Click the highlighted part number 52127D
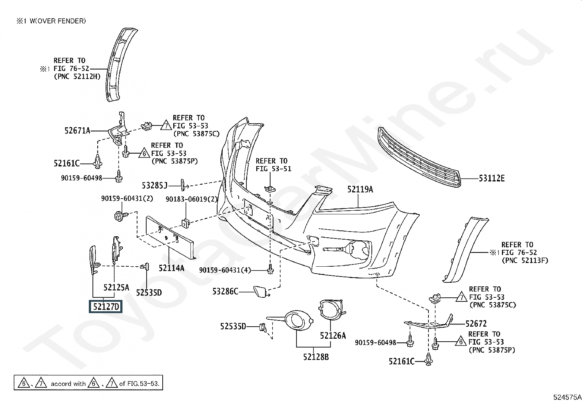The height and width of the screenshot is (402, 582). pos(106,307)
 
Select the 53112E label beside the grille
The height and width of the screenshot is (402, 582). pos(491,179)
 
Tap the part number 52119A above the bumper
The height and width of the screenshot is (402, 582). pos(360,189)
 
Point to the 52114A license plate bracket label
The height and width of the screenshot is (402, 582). pos(171,268)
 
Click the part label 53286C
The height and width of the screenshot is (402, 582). pos(225,292)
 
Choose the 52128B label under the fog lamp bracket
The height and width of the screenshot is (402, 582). pos(316,356)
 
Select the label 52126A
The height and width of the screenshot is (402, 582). pos(333,335)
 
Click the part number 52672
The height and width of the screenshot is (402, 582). pos(476,324)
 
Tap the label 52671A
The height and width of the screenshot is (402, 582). pos(77,130)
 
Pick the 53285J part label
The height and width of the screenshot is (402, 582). pos(154,186)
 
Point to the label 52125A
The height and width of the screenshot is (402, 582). pos(116,287)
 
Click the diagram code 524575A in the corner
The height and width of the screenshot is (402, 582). pos(567,397)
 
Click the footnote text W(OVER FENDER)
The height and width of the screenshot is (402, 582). pos(57,21)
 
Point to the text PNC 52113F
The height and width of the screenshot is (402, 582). pos(525,260)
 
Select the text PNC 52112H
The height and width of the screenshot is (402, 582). pos(77,76)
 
